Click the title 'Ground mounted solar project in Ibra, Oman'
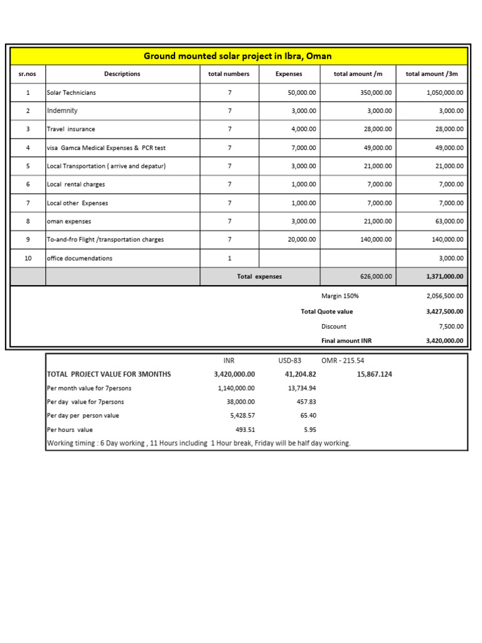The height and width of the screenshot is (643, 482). point(238,56)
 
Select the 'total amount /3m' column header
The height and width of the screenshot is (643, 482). point(432,74)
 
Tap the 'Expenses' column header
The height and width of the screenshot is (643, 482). point(289,74)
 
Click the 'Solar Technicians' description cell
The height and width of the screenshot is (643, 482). point(72,92)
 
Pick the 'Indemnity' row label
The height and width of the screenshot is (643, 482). point(63,111)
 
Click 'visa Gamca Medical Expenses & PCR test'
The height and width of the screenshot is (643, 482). point(106,148)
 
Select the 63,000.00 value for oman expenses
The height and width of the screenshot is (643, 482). point(449,222)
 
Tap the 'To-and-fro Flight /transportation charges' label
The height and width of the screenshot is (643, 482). point(105,240)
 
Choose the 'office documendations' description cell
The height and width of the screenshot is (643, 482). point(80,258)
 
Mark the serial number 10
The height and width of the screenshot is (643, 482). point(28,258)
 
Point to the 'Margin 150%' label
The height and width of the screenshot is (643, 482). point(340,296)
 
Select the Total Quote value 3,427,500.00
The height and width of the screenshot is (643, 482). point(444,311)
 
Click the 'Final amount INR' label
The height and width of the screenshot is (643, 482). point(346,341)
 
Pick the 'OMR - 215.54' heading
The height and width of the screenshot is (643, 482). point(343,360)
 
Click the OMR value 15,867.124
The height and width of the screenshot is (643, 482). point(373,374)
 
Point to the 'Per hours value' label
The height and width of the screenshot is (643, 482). point(70,430)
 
